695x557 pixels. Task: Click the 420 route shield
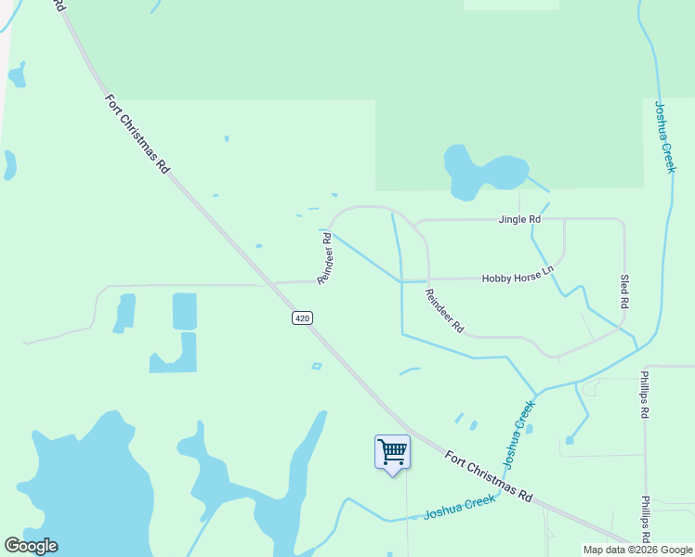pyautogui.click(x=301, y=318)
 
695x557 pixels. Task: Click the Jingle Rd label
pyautogui.click(x=519, y=220)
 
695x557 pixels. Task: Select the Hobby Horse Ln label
pyautogui.click(x=517, y=278)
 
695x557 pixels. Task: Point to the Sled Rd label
pyautogui.click(x=624, y=291)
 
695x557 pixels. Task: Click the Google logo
pyautogui.click(x=31, y=546)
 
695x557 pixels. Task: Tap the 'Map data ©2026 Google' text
pyautogui.click(x=637, y=550)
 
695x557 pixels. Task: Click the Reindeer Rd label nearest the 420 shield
pyautogui.click(x=325, y=258)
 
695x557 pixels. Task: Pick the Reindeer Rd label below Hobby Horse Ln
pyautogui.click(x=444, y=311)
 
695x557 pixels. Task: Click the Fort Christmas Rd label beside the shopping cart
pyautogui.click(x=487, y=476)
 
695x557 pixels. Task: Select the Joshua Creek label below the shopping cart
pyautogui.click(x=459, y=507)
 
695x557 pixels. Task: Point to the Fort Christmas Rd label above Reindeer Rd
pyautogui.click(x=137, y=133)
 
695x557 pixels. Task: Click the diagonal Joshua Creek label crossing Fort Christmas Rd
pyautogui.click(x=518, y=434)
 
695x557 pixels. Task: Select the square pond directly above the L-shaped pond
pyautogui.click(x=185, y=311)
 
